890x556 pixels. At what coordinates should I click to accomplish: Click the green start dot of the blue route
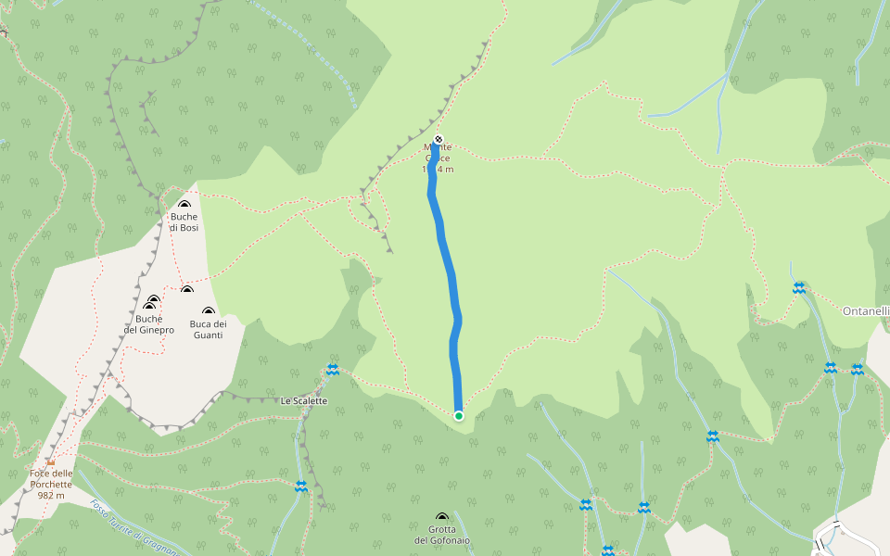(x=459, y=416)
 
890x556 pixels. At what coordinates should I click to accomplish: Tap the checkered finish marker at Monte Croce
(x=439, y=140)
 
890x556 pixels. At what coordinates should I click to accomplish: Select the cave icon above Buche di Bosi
(x=184, y=205)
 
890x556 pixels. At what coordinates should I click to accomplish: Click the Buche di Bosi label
(x=184, y=222)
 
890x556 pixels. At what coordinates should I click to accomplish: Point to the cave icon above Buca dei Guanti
(x=209, y=311)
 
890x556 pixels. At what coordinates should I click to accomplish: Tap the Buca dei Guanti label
(x=208, y=329)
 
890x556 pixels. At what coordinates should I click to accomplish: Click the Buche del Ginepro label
(x=148, y=324)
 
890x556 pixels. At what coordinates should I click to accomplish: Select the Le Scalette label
(x=304, y=400)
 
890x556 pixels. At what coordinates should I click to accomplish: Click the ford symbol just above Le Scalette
(x=332, y=370)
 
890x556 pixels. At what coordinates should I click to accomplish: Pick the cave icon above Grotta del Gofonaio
(x=442, y=518)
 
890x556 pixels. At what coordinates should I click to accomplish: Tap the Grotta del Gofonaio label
(x=442, y=535)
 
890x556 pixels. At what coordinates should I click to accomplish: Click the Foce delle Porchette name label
(x=51, y=478)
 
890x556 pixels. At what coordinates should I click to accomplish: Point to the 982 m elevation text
(x=51, y=495)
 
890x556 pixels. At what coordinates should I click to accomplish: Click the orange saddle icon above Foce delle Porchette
(x=51, y=461)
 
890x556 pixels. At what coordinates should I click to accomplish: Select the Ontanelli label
(x=866, y=311)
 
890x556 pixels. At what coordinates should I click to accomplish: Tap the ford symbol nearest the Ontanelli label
(x=799, y=288)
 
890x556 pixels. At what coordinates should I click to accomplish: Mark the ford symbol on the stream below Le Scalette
(x=300, y=486)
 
